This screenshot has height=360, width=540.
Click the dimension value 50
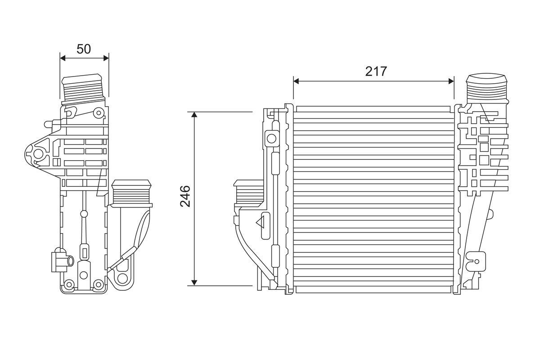(x=84, y=49)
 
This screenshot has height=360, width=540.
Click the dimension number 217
(x=376, y=72)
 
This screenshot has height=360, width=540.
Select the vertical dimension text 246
(x=185, y=196)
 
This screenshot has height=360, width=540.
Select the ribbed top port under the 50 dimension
(x=84, y=88)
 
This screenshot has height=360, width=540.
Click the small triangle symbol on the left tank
(x=261, y=222)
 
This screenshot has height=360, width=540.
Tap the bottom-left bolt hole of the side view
(x=68, y=284)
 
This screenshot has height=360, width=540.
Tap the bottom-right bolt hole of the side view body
(x=99, y=284)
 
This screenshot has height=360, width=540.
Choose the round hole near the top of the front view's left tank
(x=271, y=137)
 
